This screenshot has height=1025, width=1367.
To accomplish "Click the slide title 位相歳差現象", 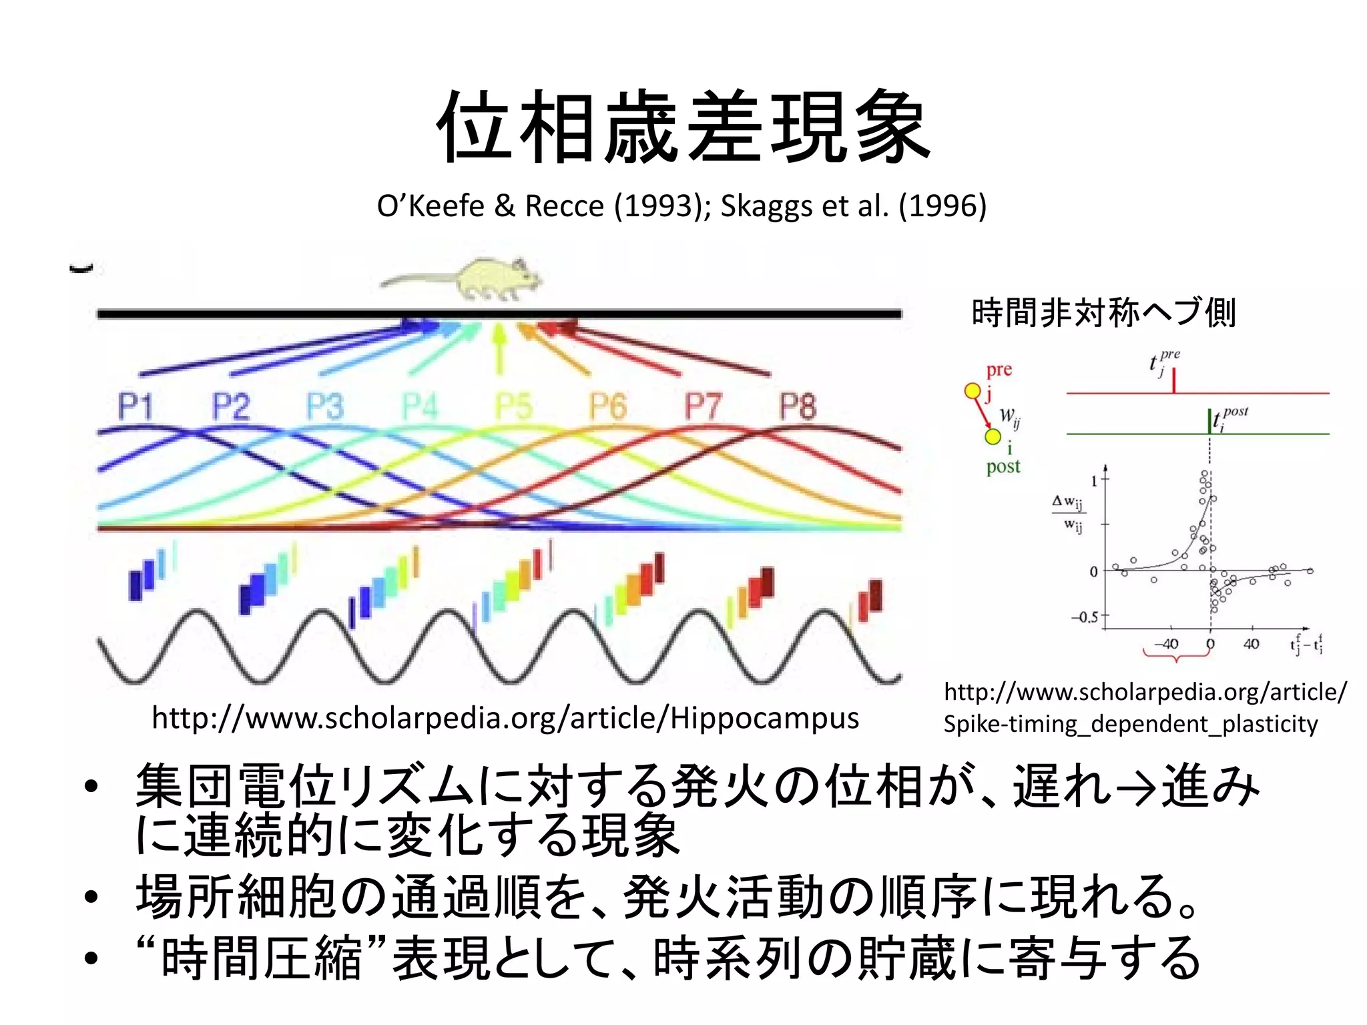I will [683, 127].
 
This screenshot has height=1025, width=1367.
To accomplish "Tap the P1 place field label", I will [135, 406].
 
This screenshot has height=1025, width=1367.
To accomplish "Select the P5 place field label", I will [513, 406].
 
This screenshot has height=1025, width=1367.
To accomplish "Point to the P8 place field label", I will [798, 406].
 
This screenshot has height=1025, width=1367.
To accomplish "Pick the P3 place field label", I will [324, 406].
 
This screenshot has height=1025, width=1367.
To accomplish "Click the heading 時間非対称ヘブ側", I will [1104, 312].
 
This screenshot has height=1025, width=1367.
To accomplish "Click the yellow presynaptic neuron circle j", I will [973, 391].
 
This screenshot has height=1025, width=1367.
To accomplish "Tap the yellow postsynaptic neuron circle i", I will [993, 436].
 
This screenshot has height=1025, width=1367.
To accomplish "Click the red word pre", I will [999, 369].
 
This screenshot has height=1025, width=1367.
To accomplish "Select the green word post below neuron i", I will [1003, 466].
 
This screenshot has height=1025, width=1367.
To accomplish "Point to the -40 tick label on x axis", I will [1166, 644].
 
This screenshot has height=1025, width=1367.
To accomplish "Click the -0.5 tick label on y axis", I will [1084, 617].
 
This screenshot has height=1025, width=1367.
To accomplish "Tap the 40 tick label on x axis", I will [1251, 644].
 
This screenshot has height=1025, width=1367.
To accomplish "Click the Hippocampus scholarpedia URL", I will [505, 718].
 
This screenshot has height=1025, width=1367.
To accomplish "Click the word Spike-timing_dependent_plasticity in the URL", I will [1131, 724].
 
